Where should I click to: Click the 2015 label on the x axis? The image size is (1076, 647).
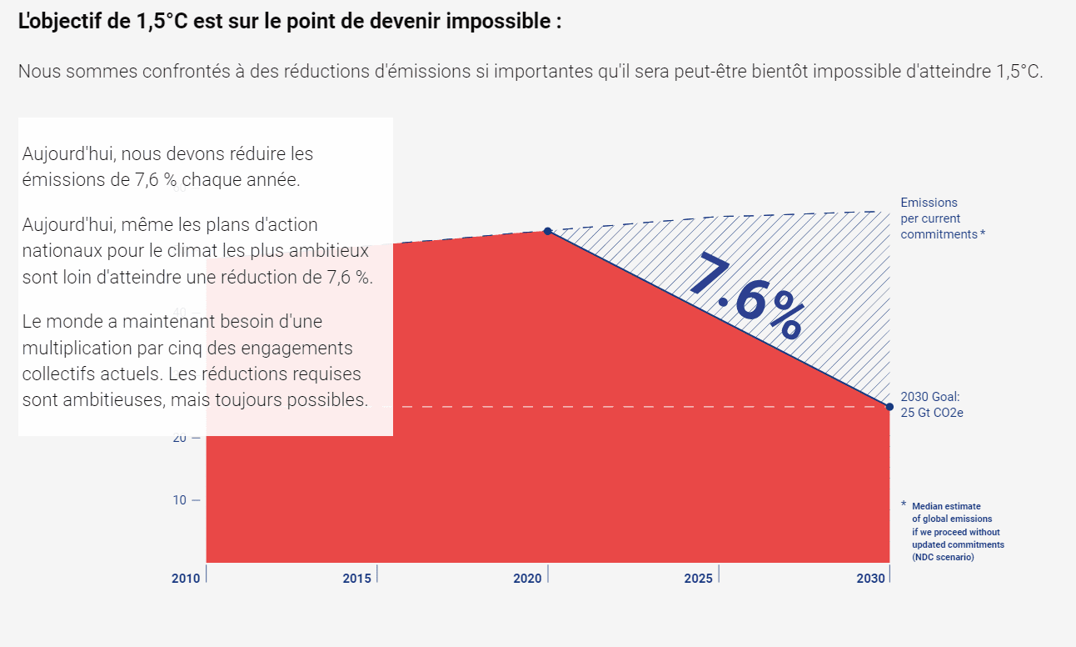click(357, 579)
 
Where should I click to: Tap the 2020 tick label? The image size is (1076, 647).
click(527, 579)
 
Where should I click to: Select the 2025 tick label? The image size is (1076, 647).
click(698, 579)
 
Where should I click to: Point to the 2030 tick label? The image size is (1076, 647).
click(870, 579)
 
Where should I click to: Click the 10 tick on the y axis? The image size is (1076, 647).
click(180, 500)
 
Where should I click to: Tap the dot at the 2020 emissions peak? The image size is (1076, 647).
click(547, 231)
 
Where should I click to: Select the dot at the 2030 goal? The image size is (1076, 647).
click(889, 407)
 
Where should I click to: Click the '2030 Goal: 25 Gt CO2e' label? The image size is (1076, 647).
click(932, 404)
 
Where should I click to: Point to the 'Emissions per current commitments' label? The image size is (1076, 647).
click(941, 218)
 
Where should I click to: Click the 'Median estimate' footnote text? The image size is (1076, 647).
click(946, 506)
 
